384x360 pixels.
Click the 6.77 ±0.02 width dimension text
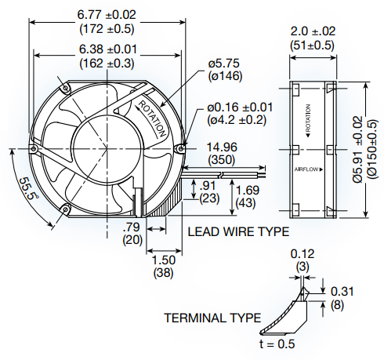point(107,15)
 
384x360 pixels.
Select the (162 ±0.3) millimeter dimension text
point(107,64)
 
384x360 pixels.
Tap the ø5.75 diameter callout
point(224,64)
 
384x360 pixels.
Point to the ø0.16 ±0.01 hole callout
point(240,107)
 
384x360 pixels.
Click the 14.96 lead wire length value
point(222,147)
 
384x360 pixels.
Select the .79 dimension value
point(132,227)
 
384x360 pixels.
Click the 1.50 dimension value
point(164,260)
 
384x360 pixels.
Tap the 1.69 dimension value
point(248,191)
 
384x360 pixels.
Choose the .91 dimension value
point(208,185)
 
